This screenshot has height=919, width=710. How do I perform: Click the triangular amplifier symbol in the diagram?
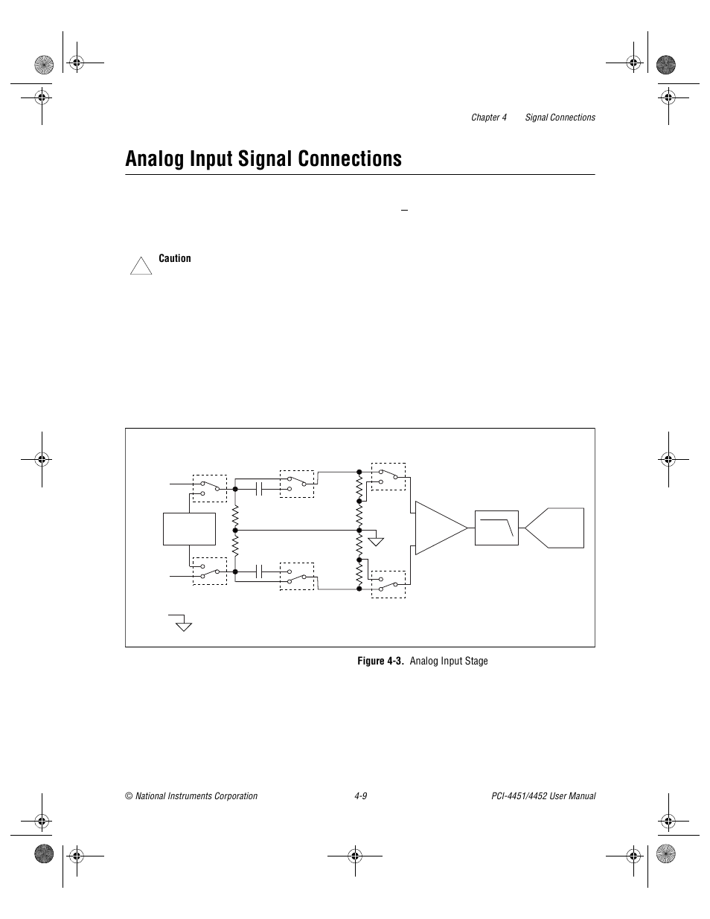pos(439,528)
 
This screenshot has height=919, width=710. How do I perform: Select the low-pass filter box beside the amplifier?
pos(496,528)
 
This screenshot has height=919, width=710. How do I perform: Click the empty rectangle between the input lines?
pos(189,529)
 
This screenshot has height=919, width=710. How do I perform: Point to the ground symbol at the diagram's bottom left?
pos(182,624)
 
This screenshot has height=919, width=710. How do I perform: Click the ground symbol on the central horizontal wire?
pos(377,539)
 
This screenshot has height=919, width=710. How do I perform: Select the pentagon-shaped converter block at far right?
pos(557,528)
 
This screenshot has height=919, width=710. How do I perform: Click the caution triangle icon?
pos(141,266)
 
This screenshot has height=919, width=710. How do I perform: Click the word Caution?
pos(175,259)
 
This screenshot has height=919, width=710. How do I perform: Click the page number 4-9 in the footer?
pos(361,796)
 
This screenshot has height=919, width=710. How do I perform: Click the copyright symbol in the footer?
pos(129,796)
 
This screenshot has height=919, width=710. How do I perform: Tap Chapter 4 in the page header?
pos(488,118)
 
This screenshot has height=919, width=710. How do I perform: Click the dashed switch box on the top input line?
pos(210,487)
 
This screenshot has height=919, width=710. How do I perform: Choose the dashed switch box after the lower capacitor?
pos(297,575)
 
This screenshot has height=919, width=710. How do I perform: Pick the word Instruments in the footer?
pos(206,796)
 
